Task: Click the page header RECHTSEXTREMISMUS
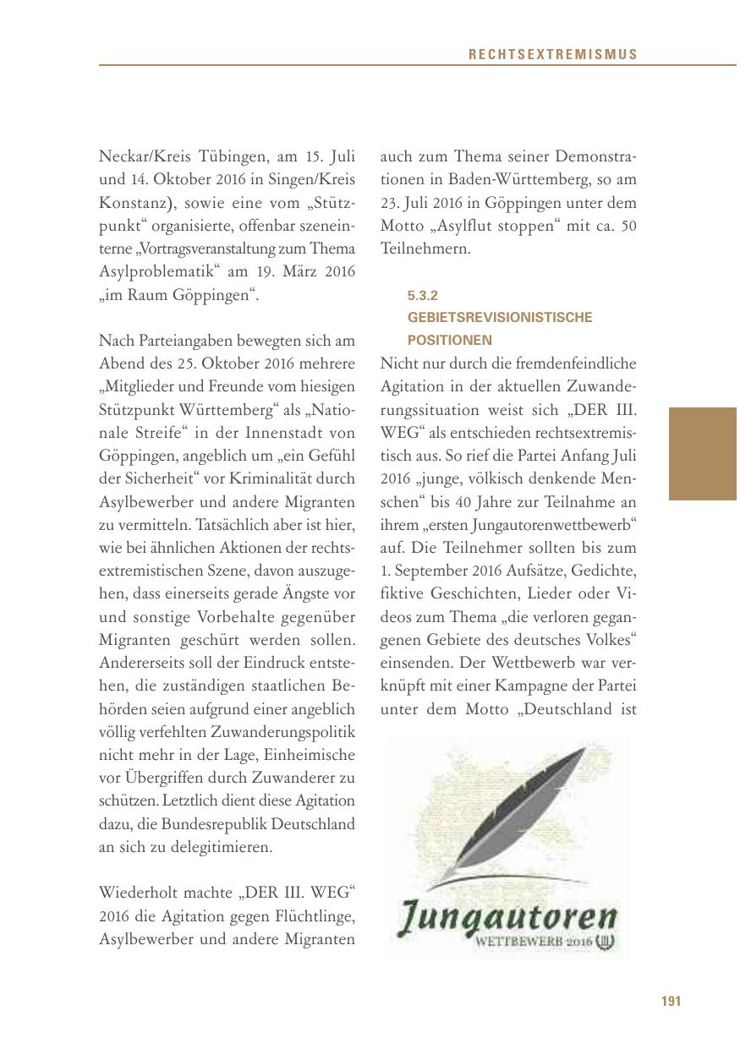(x=553, y=55)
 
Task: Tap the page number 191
(x=671, y=1002)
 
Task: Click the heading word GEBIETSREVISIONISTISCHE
(x=500, y=318)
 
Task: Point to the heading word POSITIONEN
(x=450, y=340)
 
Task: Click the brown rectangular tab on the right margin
(x=702, y=454)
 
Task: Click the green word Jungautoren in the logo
(x=507, y=917)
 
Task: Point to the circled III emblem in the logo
(x=605, y=940)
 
